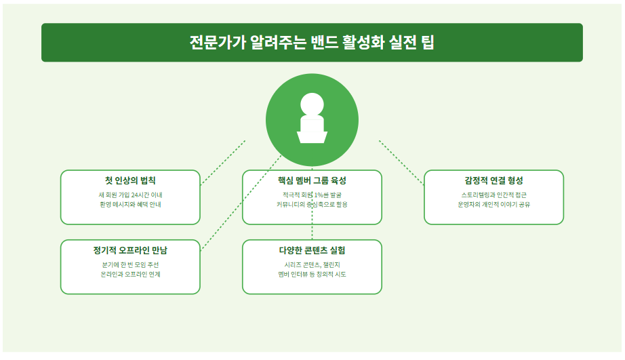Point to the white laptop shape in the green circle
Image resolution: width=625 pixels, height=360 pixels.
pyautogui.click(x=312, y=130)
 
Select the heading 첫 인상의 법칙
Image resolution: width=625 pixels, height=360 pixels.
pyautogui.click(x=130, y=180)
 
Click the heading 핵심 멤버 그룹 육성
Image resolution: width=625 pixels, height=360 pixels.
pyautogui.click(x=312, y=180)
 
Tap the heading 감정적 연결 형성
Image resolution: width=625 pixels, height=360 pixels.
pyautogui.click(x=493, y=180)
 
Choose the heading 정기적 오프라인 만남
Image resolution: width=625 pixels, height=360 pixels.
pyautogui.click(x=130, y=250)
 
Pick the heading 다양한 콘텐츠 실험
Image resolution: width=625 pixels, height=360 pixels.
pyautogui.click(x=312, y=250)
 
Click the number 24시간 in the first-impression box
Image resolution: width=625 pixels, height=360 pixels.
pyautogui.click(x=140, y=195)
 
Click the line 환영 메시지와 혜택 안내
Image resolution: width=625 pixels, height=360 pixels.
pyautogui.click(x=130, y=204)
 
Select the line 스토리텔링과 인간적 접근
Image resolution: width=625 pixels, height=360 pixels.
pyautogui.click(x=493, y=195)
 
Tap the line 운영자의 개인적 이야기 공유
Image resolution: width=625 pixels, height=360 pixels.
pyautogui.click(x=493, y=204)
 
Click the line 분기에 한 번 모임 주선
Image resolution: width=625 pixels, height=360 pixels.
pyautogui.click(x=130, y=264)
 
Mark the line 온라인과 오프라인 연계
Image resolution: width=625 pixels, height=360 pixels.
pyautogui.click(x=130, y=274)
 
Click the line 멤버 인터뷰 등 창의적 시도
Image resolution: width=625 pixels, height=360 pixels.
pyautogui.click(x=312, y=274)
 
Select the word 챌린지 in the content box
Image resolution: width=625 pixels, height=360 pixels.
pyautogui.click(x=331, y=264)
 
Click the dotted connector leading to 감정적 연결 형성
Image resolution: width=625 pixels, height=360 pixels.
pyautogui.click(x=401, y=161)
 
